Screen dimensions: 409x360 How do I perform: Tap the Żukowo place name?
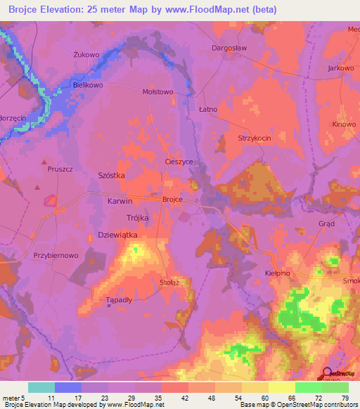coord(84,53)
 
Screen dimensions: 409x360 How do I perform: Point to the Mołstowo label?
coord(157,91)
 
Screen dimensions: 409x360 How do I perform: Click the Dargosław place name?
coord(228,48)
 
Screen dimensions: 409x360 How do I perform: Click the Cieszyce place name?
coord(179,162)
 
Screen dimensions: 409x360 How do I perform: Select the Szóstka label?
coord(111,178)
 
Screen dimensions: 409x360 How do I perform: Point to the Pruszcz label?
coord(60,169)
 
